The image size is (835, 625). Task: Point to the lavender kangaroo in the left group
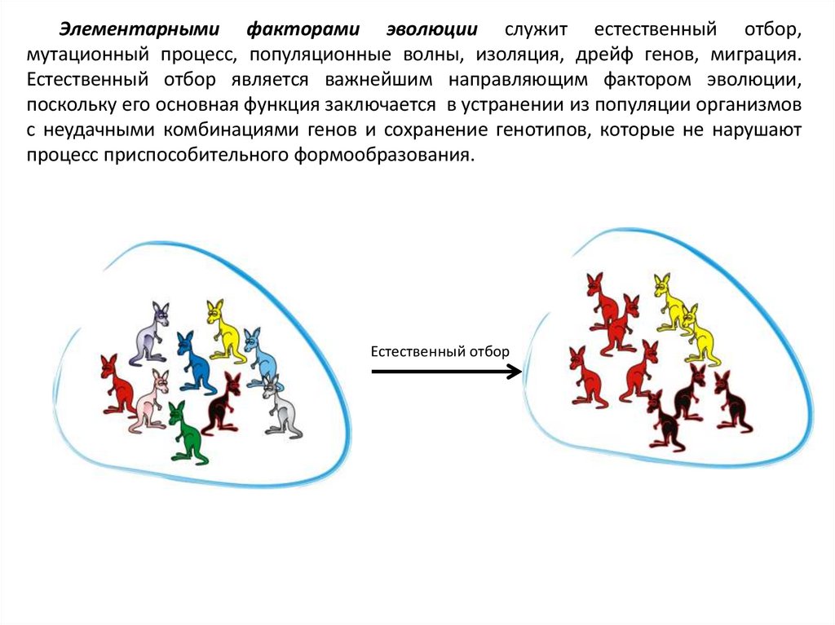coord(151,333)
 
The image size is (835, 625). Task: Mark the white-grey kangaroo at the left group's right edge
coord(282,407)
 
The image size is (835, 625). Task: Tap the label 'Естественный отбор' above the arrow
coord(440,351)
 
